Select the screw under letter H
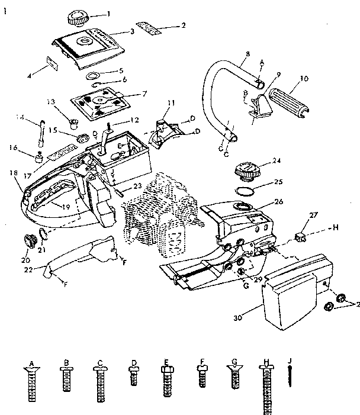[x=266, y=385]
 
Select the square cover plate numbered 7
[x=101, y=101]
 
